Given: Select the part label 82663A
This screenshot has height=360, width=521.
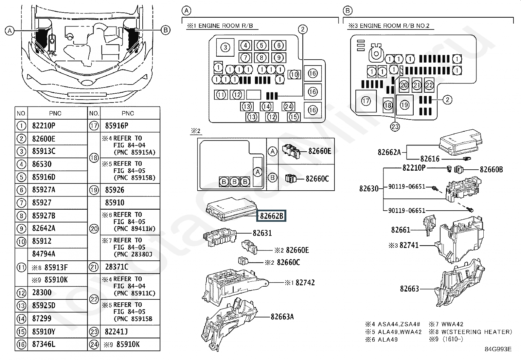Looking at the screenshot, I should coord(282,317).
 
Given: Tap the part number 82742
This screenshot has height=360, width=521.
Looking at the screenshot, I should coord(305,283).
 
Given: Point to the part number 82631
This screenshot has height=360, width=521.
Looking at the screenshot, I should coord(262,233).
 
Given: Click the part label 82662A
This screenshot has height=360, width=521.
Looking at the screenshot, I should coord(389,152).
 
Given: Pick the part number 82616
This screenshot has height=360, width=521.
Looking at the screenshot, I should coord(430,159).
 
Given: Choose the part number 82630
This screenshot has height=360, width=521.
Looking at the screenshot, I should coord(369,189).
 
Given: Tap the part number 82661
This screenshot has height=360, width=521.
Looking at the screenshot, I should coord(401,230).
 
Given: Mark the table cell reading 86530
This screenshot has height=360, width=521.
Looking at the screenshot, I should coord(42,164).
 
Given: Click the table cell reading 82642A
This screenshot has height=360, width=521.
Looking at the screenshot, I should coord(44,228).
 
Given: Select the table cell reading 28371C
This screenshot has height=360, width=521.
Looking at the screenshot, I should coord(117,267).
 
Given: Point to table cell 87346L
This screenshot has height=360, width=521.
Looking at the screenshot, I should coord(44,345).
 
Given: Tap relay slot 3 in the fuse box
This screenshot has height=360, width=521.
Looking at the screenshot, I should coord(225,48).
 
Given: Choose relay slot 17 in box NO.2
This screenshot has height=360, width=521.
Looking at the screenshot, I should coord(366,101).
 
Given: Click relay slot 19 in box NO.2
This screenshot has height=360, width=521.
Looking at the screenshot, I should coord(405,105).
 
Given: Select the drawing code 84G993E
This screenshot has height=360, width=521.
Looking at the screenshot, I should coord(498,349).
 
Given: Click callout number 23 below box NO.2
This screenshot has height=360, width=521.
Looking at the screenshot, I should coord(395,127).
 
